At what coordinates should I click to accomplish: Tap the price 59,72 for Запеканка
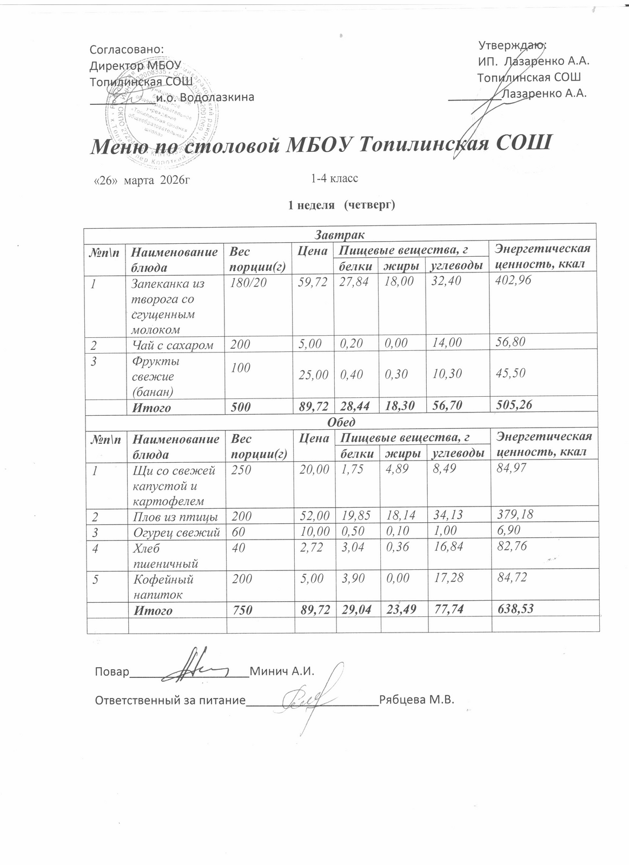pyautogui.click(x=313, y=282)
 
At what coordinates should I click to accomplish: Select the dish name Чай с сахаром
pyautogui.click(x=173, y=345)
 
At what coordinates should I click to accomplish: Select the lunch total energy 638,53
pyautogui.click(x=515, y=609)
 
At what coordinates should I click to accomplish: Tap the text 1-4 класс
pyautogui.click(x=334, y=178)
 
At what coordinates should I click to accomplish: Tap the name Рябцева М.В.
pyautogui.click(x=416, y=700)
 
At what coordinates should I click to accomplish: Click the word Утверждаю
pyautogui.click(x=513, y=45)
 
